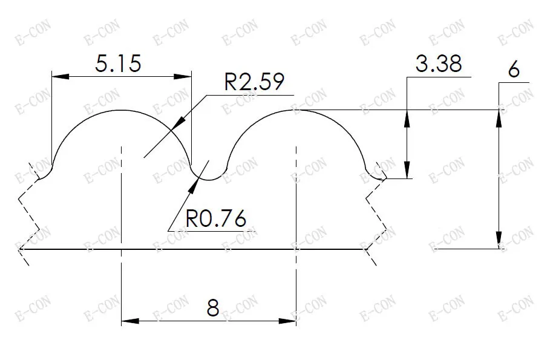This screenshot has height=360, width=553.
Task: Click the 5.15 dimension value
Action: coord(119,64)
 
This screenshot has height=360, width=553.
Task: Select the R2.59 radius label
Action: coord(254,82)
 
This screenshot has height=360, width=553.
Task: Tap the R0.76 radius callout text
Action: coord(216,218)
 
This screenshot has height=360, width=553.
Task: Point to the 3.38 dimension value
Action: coord(439,64)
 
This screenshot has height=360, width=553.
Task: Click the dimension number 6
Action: coord(514,70)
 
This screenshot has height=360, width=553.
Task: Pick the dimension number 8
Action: coord(212,308)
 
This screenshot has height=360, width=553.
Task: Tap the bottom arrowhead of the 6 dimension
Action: coord(500,240)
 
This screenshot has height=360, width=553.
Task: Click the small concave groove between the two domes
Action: coord(209,179)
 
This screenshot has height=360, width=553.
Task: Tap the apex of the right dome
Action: coord(296,110)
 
